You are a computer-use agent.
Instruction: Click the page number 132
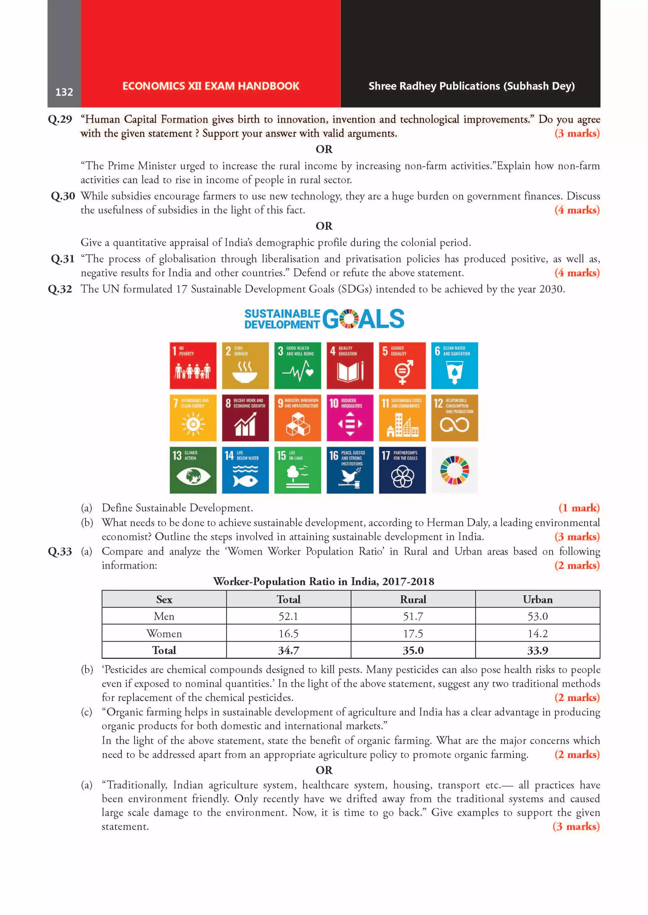64,92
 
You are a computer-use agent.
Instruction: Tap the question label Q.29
60,119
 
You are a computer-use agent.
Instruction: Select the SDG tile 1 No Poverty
193,365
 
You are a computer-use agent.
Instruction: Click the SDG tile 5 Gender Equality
402,365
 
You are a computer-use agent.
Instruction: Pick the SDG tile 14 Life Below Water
245,470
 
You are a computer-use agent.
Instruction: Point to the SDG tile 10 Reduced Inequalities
350,417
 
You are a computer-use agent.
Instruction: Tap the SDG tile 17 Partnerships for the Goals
402,470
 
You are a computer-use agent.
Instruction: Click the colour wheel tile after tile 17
454,470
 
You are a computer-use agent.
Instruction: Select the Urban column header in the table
538,599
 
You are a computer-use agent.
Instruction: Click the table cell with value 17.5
413,634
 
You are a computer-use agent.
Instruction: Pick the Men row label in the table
164,617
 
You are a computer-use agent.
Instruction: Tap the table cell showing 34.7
289,650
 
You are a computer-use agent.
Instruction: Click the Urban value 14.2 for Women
538,634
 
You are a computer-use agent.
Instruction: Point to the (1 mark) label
579,508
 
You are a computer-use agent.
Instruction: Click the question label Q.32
60,289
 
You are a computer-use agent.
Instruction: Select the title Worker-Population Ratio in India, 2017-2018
324,581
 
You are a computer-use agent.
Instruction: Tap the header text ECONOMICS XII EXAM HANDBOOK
211,86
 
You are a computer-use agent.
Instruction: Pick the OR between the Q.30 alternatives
324,226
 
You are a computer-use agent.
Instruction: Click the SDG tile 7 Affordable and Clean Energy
193,417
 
